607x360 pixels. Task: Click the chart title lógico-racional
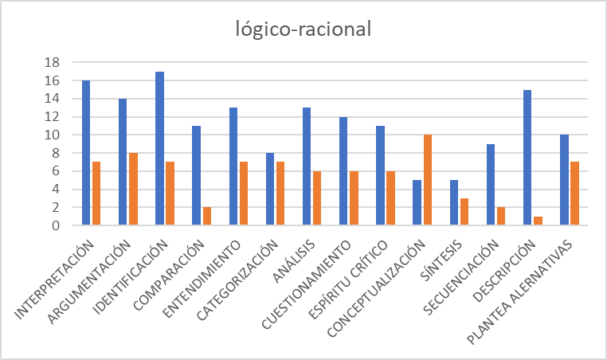click(303, 29)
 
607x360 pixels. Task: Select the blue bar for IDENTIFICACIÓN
click(159, 148)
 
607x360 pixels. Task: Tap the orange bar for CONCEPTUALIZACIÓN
click(428, 180)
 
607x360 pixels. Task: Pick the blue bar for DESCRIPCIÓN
click(527, 158)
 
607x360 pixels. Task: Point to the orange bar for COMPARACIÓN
click(207, 217)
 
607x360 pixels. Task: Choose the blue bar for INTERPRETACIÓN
click(86, 153)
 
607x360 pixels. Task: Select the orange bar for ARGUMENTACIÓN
click(134, 190)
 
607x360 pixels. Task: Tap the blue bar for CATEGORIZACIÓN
click(269, 189)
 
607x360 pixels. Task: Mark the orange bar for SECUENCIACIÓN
click(502, 217)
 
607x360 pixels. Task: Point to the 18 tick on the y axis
click(56, 62)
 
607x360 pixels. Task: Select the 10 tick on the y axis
click(56, 135)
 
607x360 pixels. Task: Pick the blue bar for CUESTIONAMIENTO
click(343, 171)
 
